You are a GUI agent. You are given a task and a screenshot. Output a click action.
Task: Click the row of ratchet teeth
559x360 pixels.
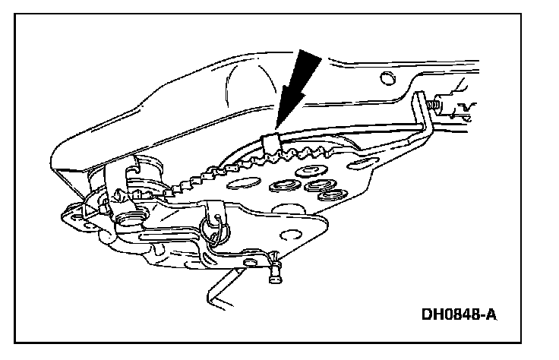228,167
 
